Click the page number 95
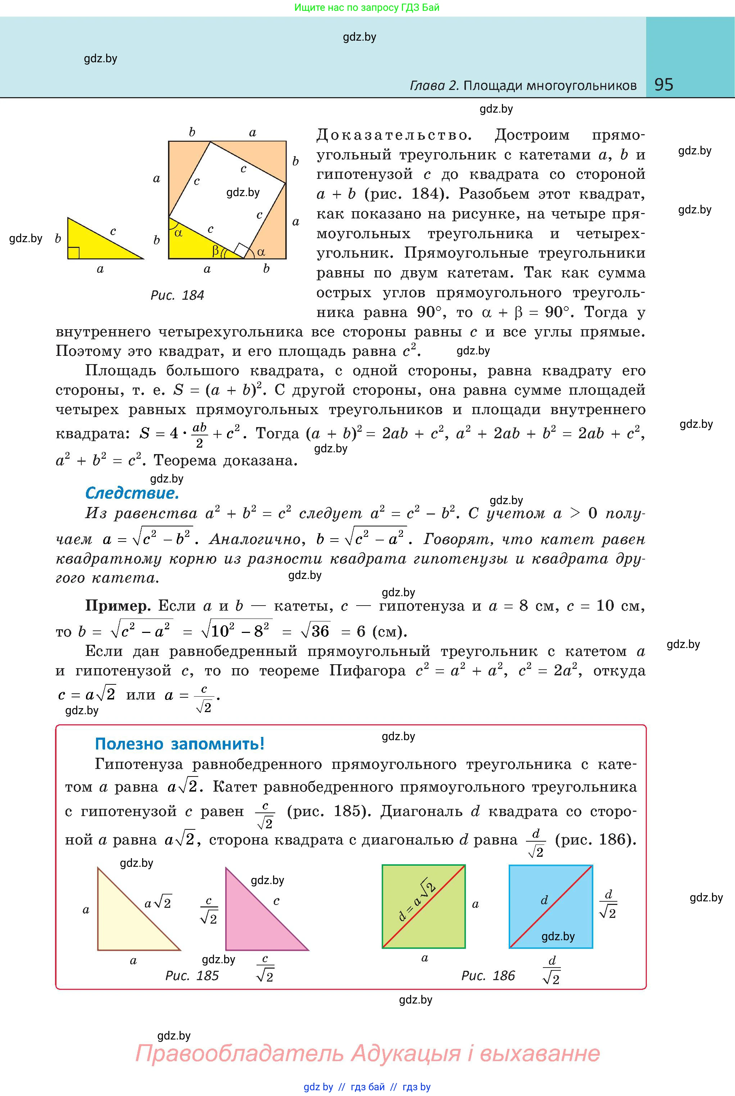pos(663,85)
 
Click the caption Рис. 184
pos(177,295)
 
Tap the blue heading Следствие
pos(132,493)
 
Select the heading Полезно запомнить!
pos(180,744)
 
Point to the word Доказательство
pos(393,136)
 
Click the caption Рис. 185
pos(192,975)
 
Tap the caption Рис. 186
pos(488,975)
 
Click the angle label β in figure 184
pos(215,251)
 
